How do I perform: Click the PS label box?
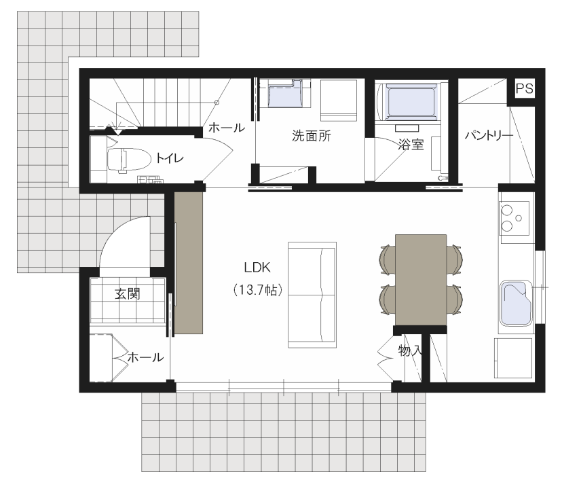tap(525, 88)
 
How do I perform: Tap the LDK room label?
tap(257, 268)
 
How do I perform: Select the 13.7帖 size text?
tap(257, 289)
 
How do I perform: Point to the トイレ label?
tap(169, 158)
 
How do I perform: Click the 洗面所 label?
tap(311, 136)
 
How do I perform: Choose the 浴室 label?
tap(411, 144)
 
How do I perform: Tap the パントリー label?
tap(489, 135)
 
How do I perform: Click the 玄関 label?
tap(127, 294)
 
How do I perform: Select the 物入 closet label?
tap(410, 350)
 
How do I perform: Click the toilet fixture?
tap(129, 159)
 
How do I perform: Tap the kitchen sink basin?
tap(515, 302)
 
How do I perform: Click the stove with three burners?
tap(514, 218)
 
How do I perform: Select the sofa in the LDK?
tap(312, 295)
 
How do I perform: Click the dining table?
tap(421, 280)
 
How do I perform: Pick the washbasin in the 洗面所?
tap(285, 94)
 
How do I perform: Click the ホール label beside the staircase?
tap(227, 128)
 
